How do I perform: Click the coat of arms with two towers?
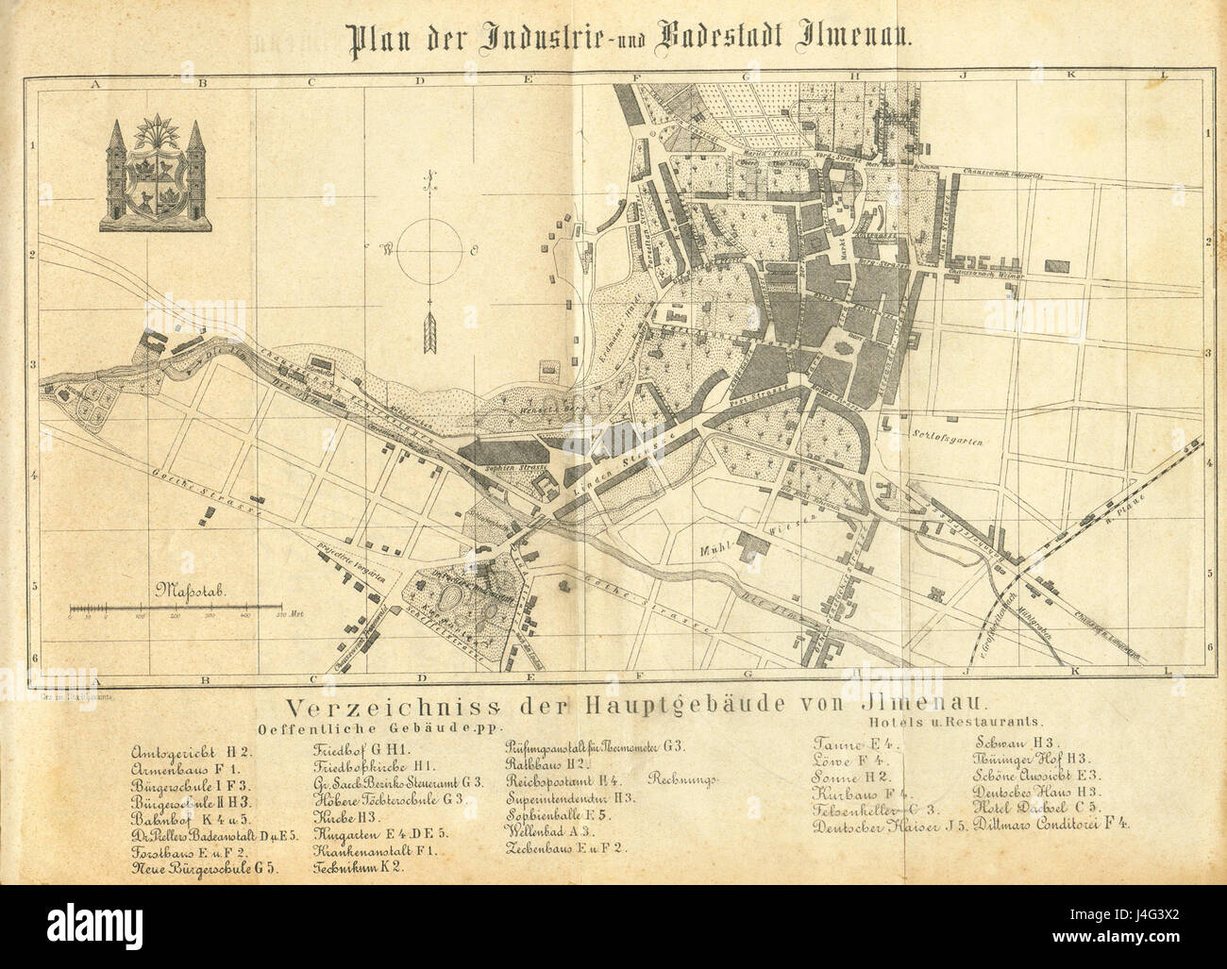pos(157,175)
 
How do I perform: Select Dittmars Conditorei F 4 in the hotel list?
pos(1052,824)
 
